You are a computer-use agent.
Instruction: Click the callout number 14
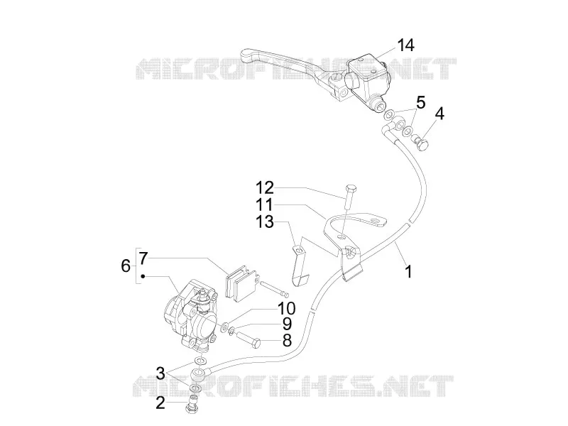pyautogui.click(x=405, y=45)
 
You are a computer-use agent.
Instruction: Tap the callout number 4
pyautogui.click(x=439, y=114)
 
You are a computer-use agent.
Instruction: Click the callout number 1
pyautogui.click(x=408, y=272)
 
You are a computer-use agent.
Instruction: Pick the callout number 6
pyautogui.click(x=126, y=266)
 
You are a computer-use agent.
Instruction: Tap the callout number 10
pyautogui.click(x=287, y=309)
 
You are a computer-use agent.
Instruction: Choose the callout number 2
pyautogui.click(x=160, y=403)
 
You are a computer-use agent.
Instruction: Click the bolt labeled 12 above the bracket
pyautogui.click(x=349, y=197)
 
